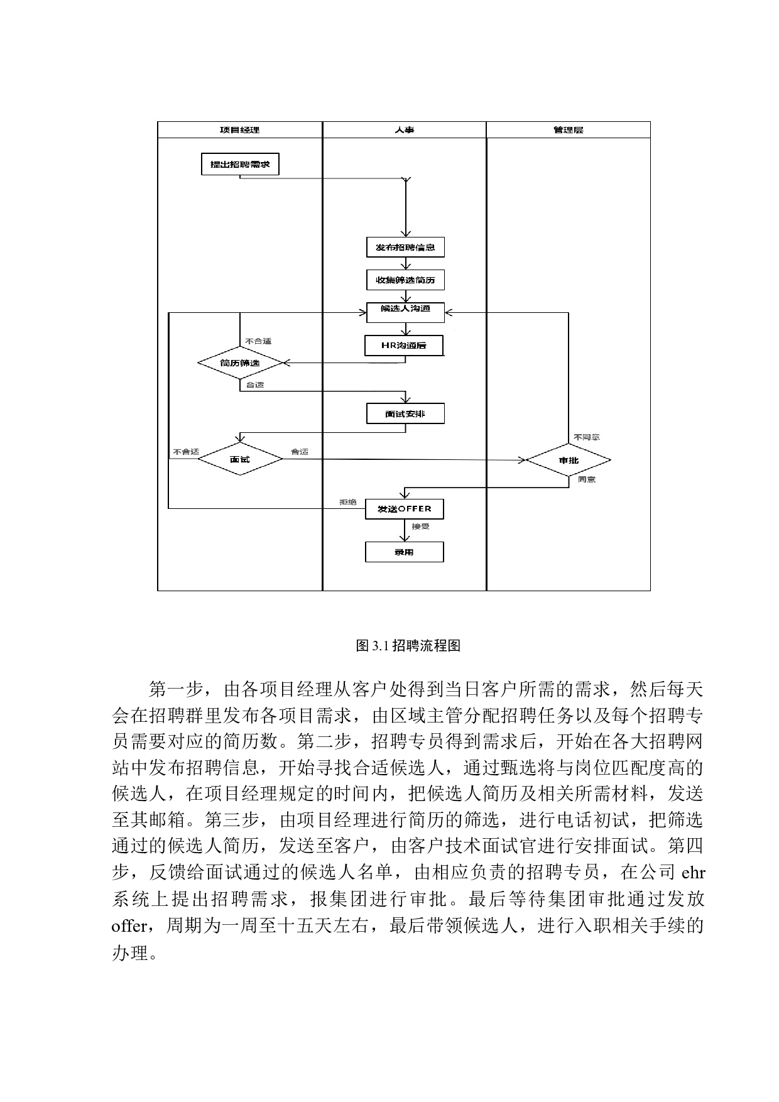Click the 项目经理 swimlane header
click(x=239, y=130)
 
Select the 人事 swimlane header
click(x=405, y=130)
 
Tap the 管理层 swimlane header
click(x=569, y=130)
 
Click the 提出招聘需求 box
click(x=240, y=165)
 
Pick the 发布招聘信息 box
click(x=405, y=248)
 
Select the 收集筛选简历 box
click(x=405, y=280)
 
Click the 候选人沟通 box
click(x=405, y=312)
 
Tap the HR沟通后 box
click(x=404, y=346)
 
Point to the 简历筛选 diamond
click(x=240, y=363)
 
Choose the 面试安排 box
click(x=405, y=414)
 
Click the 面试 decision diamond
click(x=240, y=460)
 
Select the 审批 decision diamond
click(x=569, y=461)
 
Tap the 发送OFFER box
click(x=405, y=509)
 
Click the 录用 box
click(x=405, y=552)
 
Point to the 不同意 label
click(x=587, y=437)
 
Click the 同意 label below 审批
click(x=587, y=479)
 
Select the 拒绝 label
click(x=348, y=502)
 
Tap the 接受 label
click(x=421, y=526)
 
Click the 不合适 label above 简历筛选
click(x=258, y=341)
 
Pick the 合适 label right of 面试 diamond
click(x=300, y=452)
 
